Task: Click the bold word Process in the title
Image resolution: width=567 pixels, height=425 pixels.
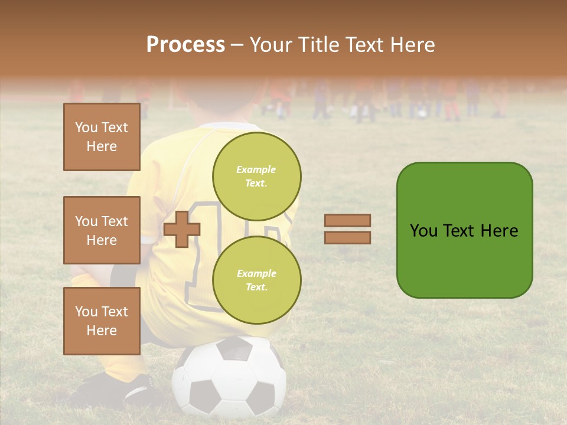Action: [x=185, y=44]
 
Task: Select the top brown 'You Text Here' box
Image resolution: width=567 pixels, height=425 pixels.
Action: [x=102, y=137]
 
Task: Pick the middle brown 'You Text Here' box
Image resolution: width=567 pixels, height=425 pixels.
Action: [x=102, y=230]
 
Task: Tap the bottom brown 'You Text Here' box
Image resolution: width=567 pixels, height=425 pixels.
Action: [x=102, y=321]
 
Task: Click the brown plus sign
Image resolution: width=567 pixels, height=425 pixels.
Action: [x=182, y=229]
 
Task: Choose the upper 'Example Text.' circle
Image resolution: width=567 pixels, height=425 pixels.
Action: [x=256, y=176]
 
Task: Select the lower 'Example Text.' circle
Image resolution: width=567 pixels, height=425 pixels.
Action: [x=256, y=280]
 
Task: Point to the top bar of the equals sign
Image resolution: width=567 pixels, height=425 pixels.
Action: [x=347, y=220]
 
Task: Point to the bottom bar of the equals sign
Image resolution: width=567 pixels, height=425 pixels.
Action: [x=347, y=237]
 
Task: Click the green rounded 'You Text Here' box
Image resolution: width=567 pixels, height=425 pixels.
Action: [x=464, y=230]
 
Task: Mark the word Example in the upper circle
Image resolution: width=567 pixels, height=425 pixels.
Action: [x=256, y=169]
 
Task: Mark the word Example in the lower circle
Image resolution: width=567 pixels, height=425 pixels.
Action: [x=256, y=273]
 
